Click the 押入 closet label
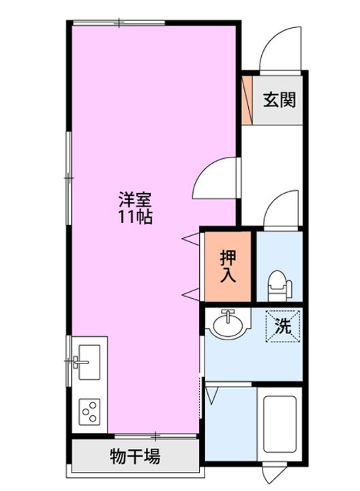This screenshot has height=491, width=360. pyautogui.click(x=228, y=267)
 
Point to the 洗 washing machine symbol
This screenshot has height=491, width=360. pyautogui.click(x=282, y=326)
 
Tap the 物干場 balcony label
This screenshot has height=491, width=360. pyautogui.click(x=135, y=456)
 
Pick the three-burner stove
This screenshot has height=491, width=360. pyautogui.click(x=89, y=411)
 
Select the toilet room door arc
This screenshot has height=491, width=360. pyautogui.click(x=281, y=210)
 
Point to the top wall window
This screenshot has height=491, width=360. pyautogui.click(x=119, y=23)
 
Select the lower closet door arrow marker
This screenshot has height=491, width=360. pyautogui.click(x=191, y=293)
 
